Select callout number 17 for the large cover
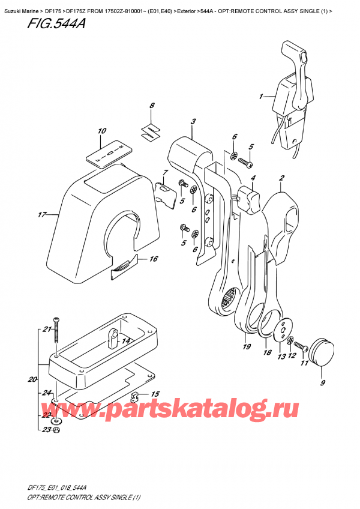click(x=41, y=215)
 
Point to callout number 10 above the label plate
click(x=101, y=131)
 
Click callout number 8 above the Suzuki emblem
click(x=152, y=106)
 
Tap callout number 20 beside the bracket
click(x=32, y=379)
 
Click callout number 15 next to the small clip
click(x=155, y=394)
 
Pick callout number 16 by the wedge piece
click(x=153, y=259)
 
